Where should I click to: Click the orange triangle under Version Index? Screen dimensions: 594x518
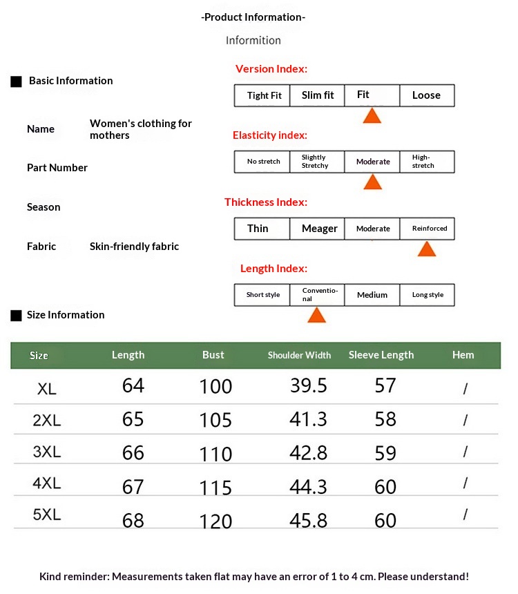[372, 116]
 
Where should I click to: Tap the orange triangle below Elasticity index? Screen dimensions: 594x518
[372, 182]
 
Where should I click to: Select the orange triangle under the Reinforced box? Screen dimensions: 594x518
[427, 249]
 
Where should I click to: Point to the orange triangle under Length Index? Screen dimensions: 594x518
[316, 315]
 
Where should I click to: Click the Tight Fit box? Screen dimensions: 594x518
[262, 95]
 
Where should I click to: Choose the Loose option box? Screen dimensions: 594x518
[427, 95]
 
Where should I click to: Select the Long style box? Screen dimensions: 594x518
[427, 295]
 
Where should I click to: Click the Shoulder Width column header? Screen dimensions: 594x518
[299, 355]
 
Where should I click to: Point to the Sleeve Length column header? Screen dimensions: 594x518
[381, 355]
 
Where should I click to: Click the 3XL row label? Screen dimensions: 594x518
[47, 452]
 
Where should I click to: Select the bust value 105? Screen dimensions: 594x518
[215, 419]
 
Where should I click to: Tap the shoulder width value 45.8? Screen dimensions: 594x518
[308, 519]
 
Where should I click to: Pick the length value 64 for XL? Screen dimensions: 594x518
[133, 385]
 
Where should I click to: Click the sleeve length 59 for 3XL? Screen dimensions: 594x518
[385, 453]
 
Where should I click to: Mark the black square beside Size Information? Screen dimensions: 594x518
[17, 316]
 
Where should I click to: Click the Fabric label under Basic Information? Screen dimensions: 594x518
[41, 246]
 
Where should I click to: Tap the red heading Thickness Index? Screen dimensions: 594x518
[266, 202]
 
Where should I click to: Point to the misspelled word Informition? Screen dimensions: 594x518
[253, 40]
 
